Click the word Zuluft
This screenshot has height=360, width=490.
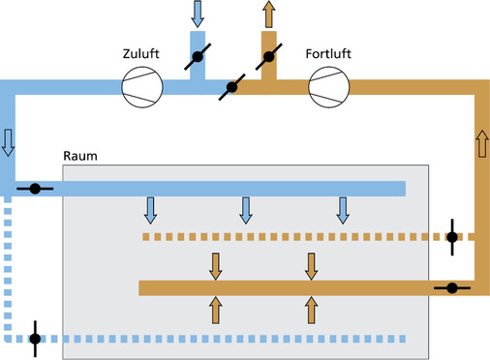tap(140, 54)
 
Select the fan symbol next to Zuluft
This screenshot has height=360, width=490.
tap(140, 90)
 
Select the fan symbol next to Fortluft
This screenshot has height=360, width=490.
tap(326, 90)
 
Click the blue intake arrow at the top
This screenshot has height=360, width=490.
tap(198, 13)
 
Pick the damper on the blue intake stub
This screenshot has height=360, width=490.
tap(198, 57)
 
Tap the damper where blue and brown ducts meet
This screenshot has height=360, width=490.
tap(232, 89)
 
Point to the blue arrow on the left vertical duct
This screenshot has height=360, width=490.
tap(9, 141)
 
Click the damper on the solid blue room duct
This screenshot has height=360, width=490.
tap(35, 189)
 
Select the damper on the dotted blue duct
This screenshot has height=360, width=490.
tap(36, 339)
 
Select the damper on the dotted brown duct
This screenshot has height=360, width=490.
tap(451, 236)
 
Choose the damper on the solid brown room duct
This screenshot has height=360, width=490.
tap(451, 287)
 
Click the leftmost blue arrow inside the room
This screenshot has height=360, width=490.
tap(150, 209)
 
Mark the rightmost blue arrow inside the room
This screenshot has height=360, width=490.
tap(342, 209)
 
